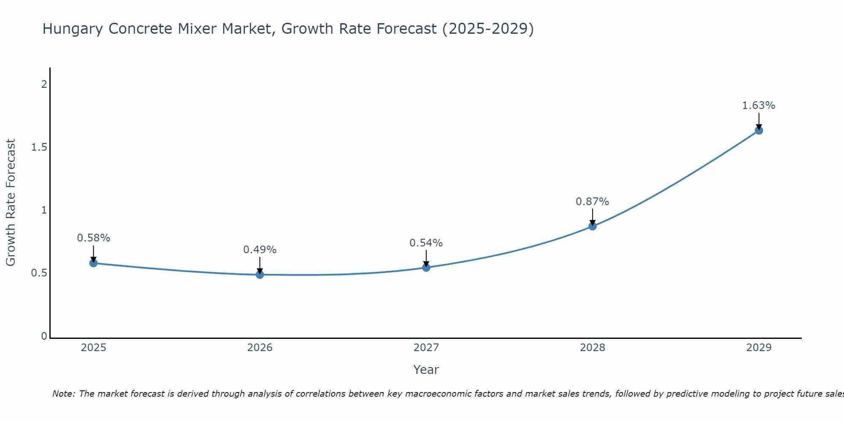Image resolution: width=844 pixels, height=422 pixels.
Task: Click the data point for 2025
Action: [93, 263]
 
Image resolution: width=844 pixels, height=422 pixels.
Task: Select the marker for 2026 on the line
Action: [260, 274]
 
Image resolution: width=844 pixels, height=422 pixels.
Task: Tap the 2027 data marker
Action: [426, 268]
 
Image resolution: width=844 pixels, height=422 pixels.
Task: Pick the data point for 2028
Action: [592, 226]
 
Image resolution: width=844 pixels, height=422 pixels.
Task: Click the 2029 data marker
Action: [758, 130]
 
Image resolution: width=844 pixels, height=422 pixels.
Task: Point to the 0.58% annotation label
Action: [93, 238]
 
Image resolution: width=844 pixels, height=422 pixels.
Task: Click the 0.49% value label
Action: [260, 250]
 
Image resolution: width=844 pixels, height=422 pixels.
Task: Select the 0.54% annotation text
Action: [426, 243]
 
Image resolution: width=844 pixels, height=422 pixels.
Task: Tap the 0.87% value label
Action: [592, 202]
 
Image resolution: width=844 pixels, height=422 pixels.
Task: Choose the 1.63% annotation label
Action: [758, 105]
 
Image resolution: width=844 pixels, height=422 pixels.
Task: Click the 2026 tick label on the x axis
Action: [260, 348]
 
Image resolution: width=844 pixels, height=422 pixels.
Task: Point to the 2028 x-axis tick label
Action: [592, 348]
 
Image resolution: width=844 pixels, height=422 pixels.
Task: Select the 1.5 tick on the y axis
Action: [39, 147]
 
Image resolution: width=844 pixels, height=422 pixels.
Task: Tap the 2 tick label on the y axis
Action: [43, 84]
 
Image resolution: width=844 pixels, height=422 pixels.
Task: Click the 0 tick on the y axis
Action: [44, 336]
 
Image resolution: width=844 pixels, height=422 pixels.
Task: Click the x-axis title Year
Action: [426, 370]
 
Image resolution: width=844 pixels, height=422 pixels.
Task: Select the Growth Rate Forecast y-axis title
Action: [11, 203]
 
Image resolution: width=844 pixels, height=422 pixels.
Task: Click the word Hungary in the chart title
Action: [73, 29]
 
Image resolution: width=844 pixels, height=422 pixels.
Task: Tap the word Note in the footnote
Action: [63, 394]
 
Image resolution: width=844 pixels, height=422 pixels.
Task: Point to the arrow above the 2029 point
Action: [758, 121]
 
